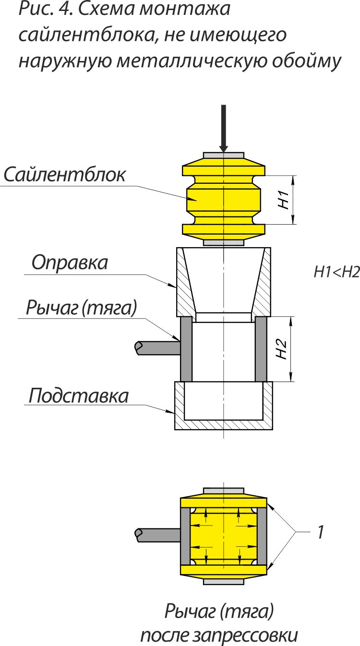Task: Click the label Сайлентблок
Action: (x=65, y=175)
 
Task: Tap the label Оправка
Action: (x=70, y=263)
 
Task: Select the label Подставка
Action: (x=78, y=395)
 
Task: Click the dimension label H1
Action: (x=284, y=200)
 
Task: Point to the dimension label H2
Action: (x=281, y=349)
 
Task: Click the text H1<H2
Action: (x=336, y=272)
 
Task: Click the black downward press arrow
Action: (x=223, y=128)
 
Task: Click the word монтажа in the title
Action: (x=185, y=9)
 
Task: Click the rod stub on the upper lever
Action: (x=157, y=348)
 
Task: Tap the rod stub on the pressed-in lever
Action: (x=157, y=536)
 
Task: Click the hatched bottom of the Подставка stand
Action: (x=224, y=425)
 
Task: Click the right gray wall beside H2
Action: (x=261, y=349)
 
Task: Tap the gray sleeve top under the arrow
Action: (x=224, y=155)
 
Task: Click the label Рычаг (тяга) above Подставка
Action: (x=82, y=308)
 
